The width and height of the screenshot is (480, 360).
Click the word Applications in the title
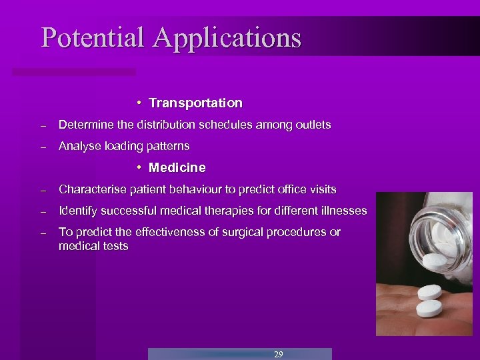tap(227, 38)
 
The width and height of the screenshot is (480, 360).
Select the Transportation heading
tap(195, 103)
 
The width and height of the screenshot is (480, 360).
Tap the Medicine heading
tap(177, 167)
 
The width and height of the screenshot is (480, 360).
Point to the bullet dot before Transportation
tap(137, 103)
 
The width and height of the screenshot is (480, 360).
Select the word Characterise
tap(91, 189)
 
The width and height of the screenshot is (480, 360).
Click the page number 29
tap(278, 354)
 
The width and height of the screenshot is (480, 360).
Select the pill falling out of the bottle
tap(435, 261)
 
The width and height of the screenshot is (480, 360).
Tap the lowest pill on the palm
tap(429, 309)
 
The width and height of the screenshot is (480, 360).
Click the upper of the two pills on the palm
tap(430, 292)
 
